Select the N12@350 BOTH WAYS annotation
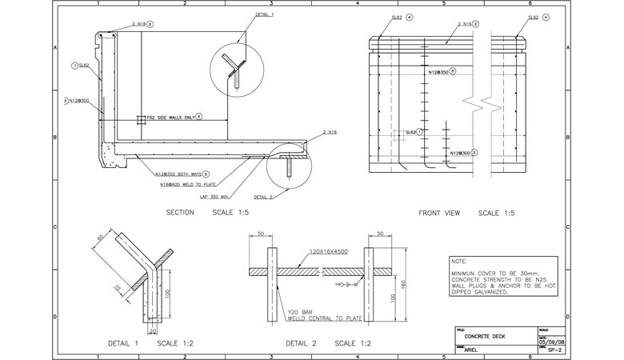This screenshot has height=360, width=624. pyautogui.click(x=176, y=173)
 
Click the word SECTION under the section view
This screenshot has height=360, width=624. pyautogui.click(x=180, y=213)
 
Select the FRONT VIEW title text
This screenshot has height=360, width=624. pyautogui.click(x=438, y=213)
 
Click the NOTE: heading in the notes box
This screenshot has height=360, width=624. pyautogui.click(x=459, y=262)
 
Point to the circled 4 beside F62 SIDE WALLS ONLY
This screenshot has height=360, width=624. pyautogui.click(x=198, y=116)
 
